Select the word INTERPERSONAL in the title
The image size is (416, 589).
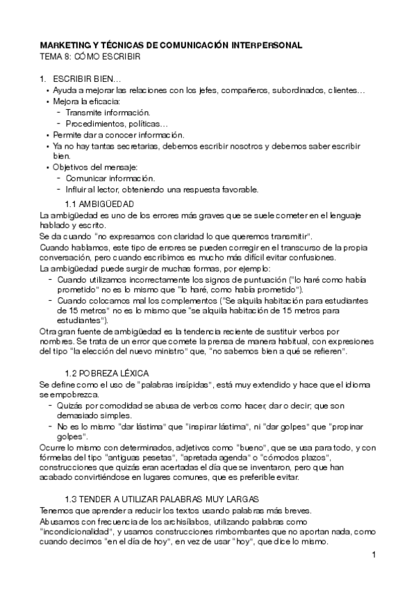pos(263,45)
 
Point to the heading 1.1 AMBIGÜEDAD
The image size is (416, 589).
pos(99,204)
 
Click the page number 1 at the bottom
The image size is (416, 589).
pos(374,554)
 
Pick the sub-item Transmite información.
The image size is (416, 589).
pos(108,113)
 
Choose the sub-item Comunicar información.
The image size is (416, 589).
pos(110,179)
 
